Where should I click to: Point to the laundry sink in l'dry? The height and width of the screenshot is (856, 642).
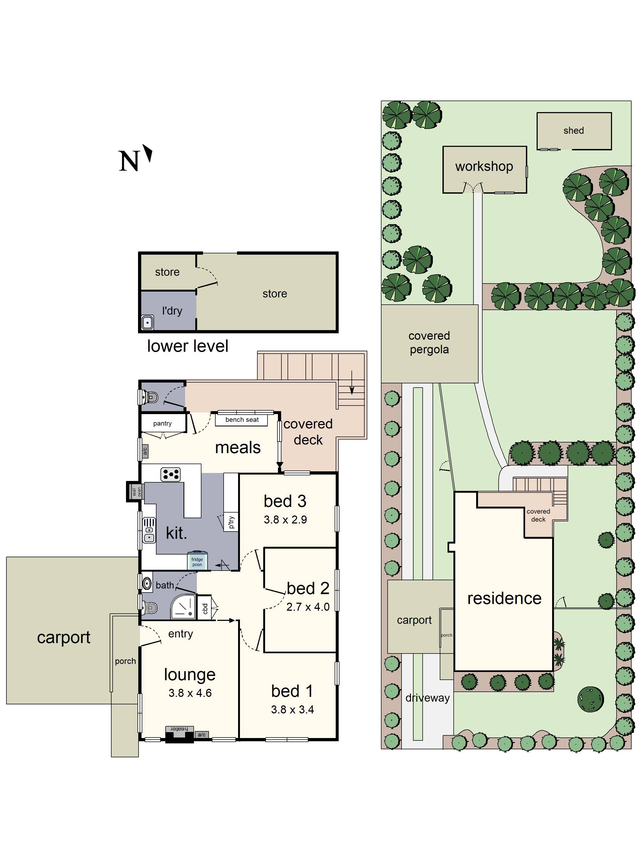pyautogui.click(x=147, y=322)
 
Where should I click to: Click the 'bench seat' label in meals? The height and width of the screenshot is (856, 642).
pyautogui.click(x=242, y=419)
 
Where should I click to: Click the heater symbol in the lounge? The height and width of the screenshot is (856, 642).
pyautogui.click(x=179, y=729)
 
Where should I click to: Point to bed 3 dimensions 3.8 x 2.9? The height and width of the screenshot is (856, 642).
pyautogui.click(x=285, y=520)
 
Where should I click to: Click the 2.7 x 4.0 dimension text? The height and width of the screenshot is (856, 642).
pyautogui.click(x=308, y=607)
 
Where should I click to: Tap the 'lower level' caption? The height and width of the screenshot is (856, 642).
pyautogui.click(x=188, y=346)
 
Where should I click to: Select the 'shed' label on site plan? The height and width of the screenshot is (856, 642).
pyautogui.click(x=574, y=131)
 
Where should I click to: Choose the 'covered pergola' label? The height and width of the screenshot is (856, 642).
pyautogui.click(x=429, y=342)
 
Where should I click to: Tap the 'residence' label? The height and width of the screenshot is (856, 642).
pyautogui.click(x=504, y=598)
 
